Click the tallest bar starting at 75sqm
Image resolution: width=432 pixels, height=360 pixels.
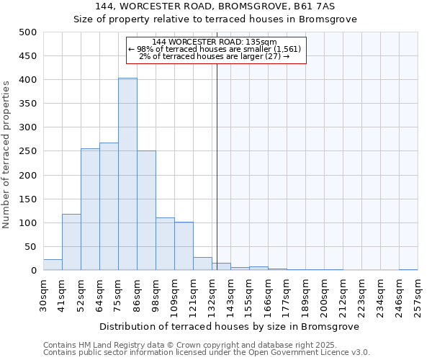click(127, 174)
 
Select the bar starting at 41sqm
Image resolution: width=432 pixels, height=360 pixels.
click(71, 242)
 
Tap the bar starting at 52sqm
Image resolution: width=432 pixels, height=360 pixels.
click(90, 210)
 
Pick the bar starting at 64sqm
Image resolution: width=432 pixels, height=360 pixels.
click(109, 207)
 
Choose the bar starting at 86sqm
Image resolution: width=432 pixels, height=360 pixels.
click(146, 210)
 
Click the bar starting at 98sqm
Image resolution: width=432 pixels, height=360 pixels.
click(165, 244)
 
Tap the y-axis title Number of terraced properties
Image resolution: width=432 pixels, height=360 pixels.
click(7, 155)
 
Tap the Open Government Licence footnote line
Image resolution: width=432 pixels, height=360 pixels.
click(207, 353)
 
